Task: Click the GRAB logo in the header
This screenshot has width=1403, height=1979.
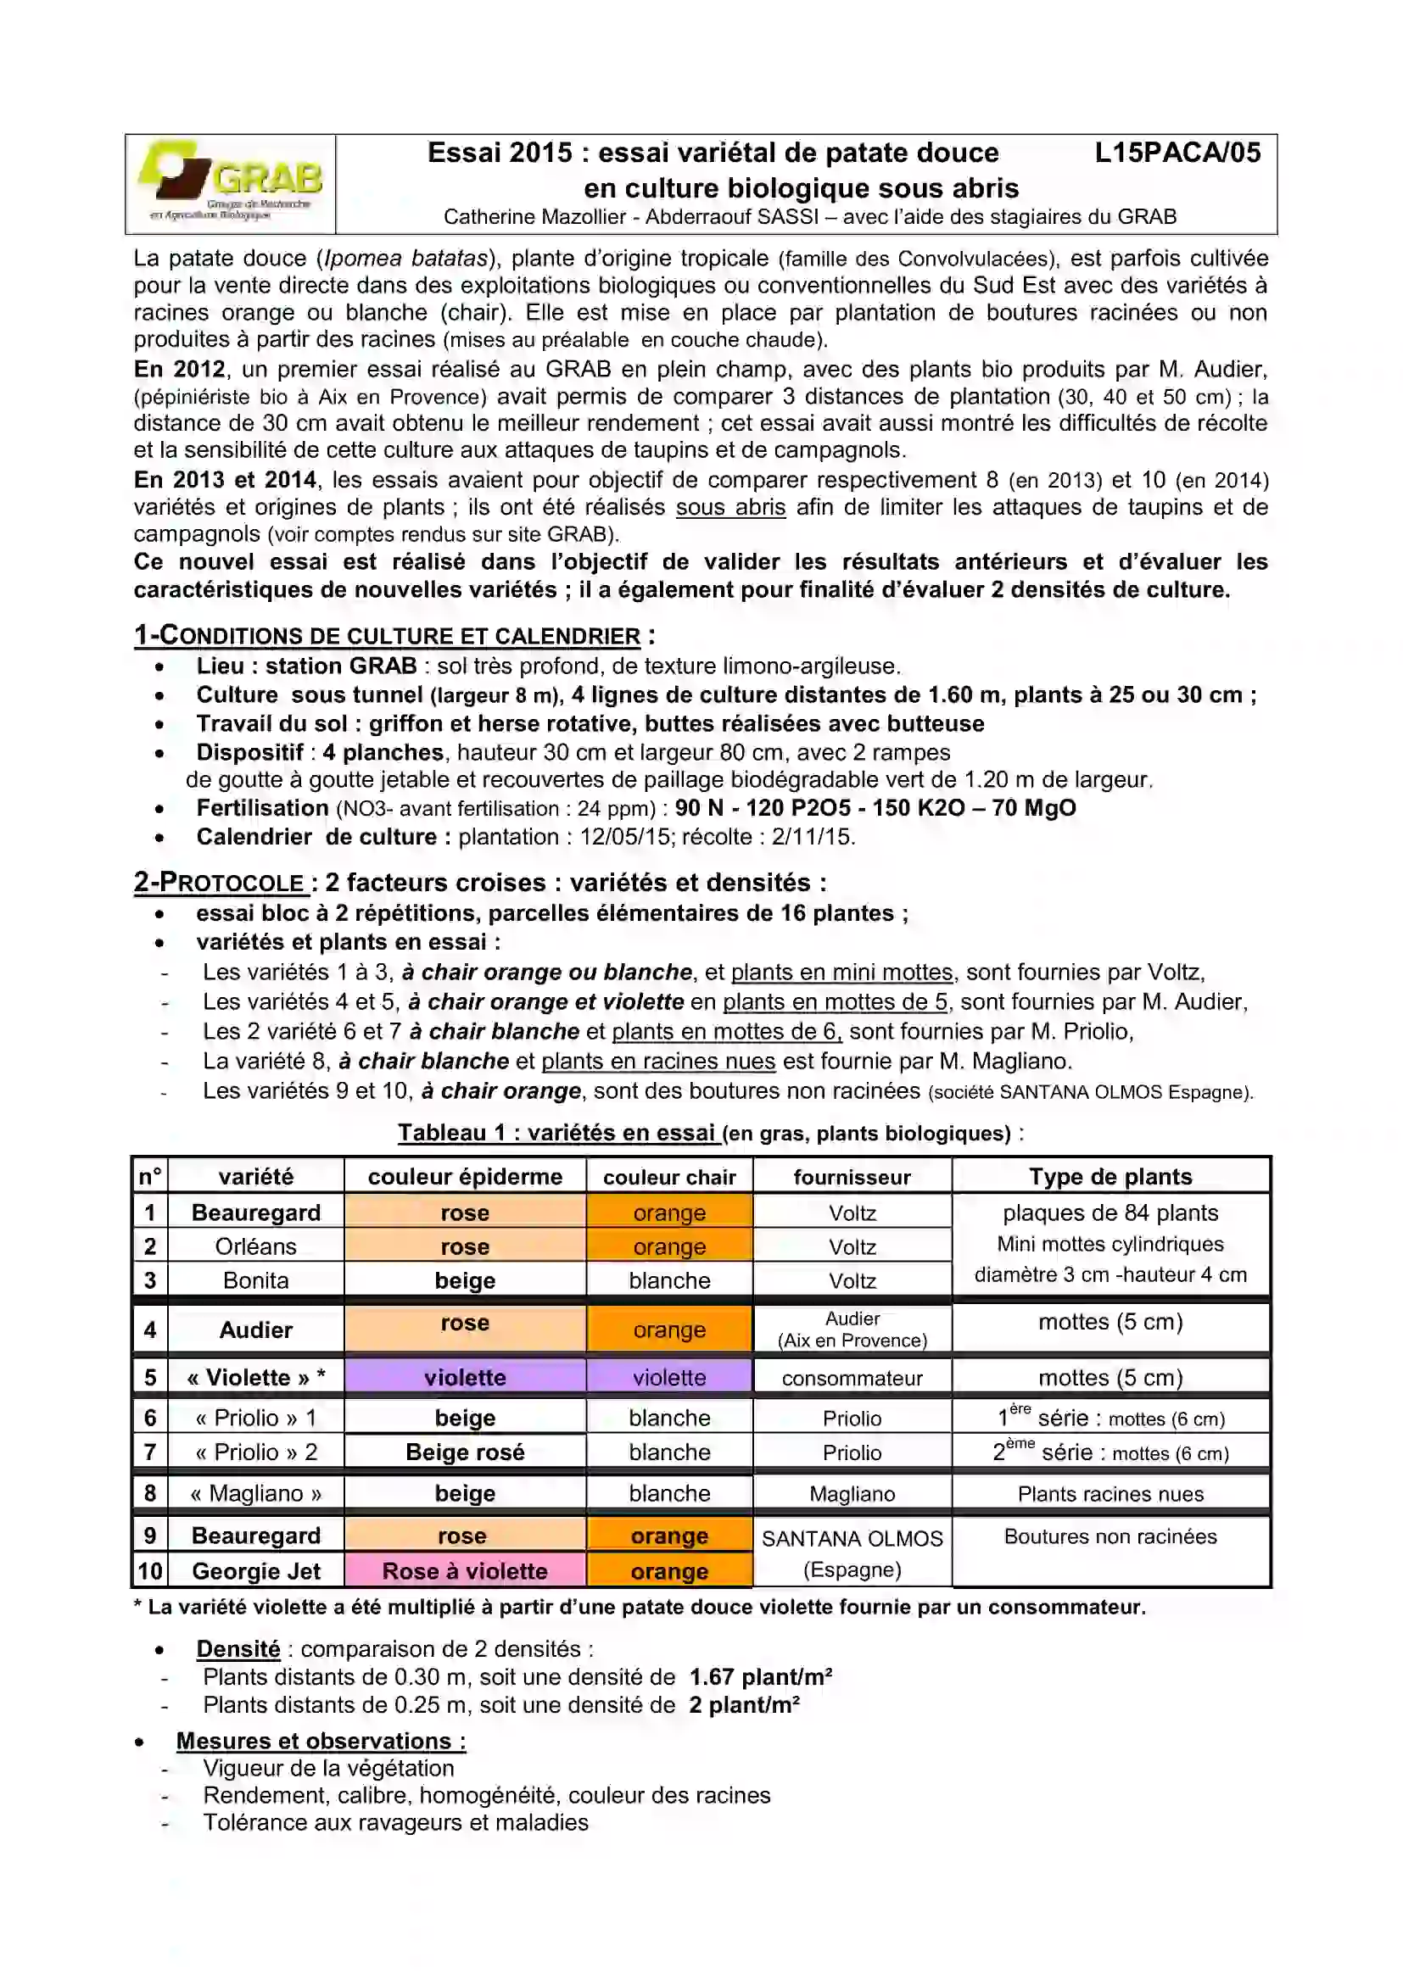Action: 230,182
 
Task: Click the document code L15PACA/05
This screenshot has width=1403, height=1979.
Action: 1177,153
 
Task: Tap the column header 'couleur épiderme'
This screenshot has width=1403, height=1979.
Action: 465,1176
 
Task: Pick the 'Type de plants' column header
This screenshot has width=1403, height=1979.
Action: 1110,1176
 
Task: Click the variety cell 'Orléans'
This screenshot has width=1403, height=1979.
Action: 255,1246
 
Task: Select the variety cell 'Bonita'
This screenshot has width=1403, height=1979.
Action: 255,1279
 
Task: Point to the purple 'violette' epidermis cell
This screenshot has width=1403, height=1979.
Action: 465,1377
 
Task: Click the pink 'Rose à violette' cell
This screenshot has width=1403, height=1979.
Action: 465,1570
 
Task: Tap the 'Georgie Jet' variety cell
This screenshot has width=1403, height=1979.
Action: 255,1570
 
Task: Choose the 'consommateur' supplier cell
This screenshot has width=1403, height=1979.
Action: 852,1378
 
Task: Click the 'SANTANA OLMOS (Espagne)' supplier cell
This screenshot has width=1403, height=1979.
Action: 852,1553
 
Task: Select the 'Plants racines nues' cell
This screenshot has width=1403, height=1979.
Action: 1110,1494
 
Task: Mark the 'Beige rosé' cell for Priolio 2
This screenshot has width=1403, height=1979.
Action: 465,1452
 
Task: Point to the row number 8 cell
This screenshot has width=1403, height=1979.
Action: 150,1493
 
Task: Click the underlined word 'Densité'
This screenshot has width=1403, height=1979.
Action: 238,1648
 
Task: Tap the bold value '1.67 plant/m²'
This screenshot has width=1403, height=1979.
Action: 760,1677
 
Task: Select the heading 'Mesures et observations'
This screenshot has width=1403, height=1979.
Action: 321,1741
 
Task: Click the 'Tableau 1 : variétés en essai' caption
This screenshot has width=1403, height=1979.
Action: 557,1133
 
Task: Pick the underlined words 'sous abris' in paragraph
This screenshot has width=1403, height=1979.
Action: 730,507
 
